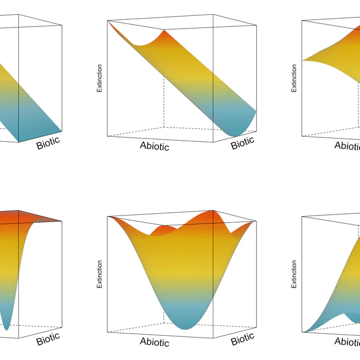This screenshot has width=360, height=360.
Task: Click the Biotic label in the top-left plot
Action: [x=48, y=144]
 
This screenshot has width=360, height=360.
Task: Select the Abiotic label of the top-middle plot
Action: [x=154, y=146]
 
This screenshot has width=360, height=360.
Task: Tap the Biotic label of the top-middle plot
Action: [x=242, y=143]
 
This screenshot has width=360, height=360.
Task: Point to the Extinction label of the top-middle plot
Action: [x=99, y=78]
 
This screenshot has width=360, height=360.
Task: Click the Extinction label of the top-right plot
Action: [x=294, y=78]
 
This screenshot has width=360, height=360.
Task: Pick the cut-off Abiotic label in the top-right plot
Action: [x=347, y=146]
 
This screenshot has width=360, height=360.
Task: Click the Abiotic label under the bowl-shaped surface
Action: [x=154, y=342]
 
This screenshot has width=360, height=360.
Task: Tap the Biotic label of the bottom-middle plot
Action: [x=242, y=339]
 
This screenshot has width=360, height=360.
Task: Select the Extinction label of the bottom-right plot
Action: [x=294, y=274]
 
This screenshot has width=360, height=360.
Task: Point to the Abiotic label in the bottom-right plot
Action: [x=347, y=342]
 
